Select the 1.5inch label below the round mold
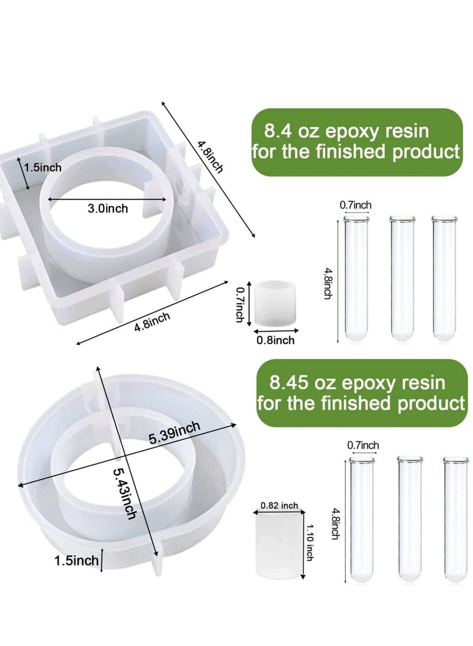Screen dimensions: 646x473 [76, 560]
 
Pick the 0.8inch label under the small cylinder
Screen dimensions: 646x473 [275, 340]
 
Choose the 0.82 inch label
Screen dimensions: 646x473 [279, 506]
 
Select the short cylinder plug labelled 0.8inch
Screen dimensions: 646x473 [274, 303]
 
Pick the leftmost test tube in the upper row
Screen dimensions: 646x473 [355, 278]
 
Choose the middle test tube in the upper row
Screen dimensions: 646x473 [401, 278]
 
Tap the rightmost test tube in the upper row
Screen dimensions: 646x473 [443, 278]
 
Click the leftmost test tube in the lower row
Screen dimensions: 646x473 [362, 518]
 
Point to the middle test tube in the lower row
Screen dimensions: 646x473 [409, 518]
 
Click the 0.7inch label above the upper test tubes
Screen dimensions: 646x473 [355, 205]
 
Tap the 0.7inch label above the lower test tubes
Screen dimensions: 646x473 [363, 445]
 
